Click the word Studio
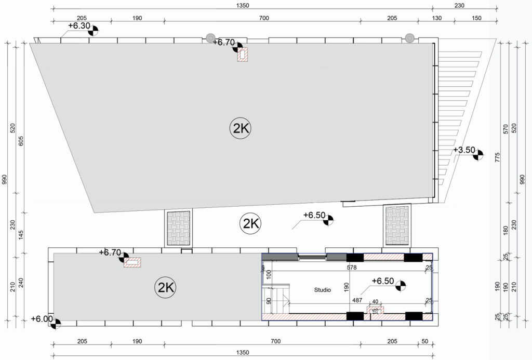322,290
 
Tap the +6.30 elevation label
79,26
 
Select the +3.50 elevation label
464,150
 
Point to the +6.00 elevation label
42,319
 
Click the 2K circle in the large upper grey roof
241,128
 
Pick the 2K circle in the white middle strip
250,223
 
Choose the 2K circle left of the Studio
166,288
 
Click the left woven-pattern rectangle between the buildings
179,228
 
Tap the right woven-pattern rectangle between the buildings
397,225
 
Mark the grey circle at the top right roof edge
409,38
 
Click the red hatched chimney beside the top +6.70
242,55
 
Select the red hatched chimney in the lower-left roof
132,262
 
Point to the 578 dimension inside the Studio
352,268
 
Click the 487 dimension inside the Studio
357,300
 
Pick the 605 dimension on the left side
21,141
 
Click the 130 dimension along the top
436,18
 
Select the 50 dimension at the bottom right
425,341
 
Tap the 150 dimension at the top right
476,18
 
